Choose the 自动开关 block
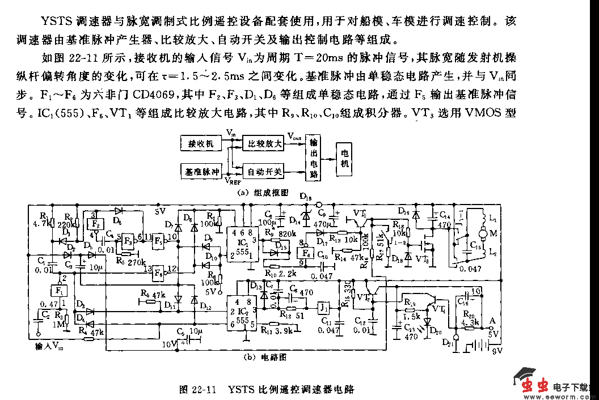click(x=263, y=171)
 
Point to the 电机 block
click(x=344, y=157)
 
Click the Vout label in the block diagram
click(x=294, y=137)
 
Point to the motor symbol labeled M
click(x=480, y=232)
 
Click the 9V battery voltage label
click(x=496, y=351)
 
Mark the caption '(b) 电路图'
click(x=264, y=358)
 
